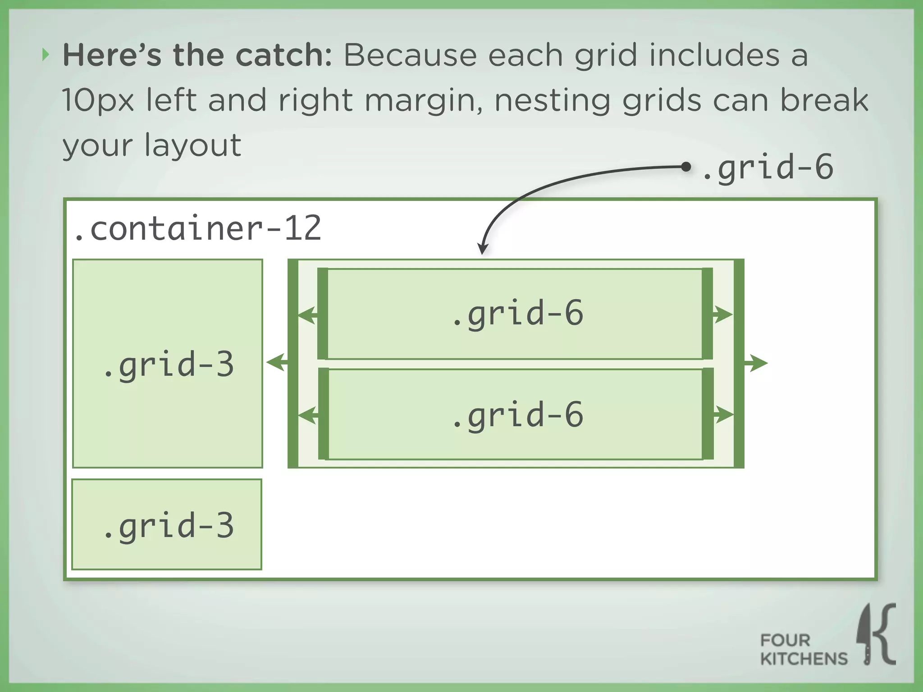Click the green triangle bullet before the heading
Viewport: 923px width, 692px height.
(46, 55)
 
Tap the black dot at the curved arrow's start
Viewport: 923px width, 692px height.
(685, 167)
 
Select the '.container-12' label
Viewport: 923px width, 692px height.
(197, 229)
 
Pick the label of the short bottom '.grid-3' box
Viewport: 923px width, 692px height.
(168, 526)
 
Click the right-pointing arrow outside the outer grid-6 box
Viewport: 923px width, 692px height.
(757, 363)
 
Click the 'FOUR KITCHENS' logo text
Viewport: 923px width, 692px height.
(803, 649)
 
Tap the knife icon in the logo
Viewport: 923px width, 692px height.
(865, 635)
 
